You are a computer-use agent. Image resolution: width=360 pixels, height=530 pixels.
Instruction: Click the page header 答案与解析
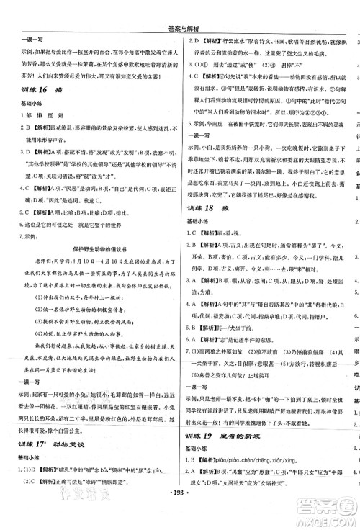tap(180, 9)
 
